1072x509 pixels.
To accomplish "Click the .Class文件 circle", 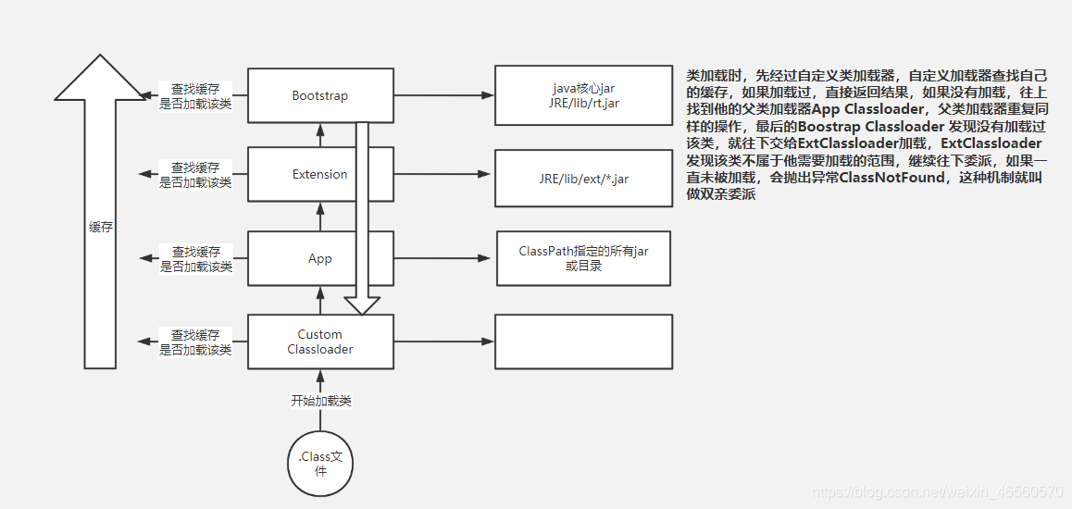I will [319, 463].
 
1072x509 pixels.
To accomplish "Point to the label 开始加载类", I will [320, 401].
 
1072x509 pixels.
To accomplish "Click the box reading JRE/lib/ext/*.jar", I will [583, 179].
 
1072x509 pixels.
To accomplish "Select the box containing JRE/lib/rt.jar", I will [583, 95].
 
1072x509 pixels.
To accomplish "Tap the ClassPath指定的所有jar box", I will [583, 258].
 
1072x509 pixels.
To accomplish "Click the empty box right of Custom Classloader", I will [583, 341].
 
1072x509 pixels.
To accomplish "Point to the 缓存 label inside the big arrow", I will [100, 227].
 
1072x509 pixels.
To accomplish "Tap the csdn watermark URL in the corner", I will [935, 491].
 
